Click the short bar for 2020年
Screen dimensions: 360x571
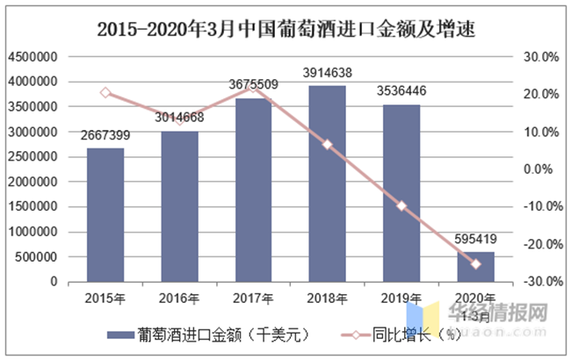[x=475, y=266]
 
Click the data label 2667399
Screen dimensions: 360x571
[x=105, y=135]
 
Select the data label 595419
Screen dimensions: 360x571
[x=475, y=239]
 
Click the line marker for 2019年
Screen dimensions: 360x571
[x=401, y=205]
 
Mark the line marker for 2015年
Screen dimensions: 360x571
[x=105, y=92]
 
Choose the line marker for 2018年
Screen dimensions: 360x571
[x=327, y=144]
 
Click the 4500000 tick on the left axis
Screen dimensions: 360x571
[x=33, y=56]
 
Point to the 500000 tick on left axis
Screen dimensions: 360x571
[x=36, y=256]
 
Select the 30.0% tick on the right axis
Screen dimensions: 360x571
[x=542, y=56]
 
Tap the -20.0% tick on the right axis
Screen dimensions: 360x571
[x=540, y=244]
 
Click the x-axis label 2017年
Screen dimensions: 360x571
[x=253, y=297]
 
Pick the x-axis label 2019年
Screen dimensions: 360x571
[x=401, y=297]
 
